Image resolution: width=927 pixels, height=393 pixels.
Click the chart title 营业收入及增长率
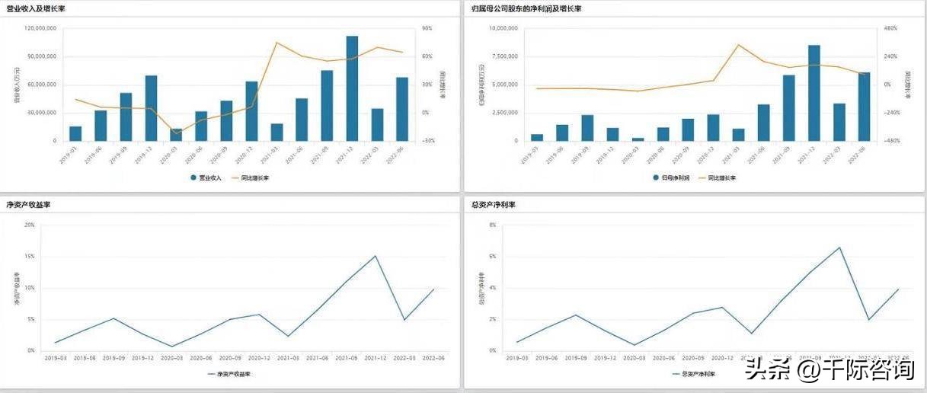pyautogui.click(x=36, y=8)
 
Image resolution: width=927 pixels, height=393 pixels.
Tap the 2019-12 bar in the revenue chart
pyautogui.click(x=151, y=108)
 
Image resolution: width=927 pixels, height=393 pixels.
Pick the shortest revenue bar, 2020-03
pyautogui.click(x=176, y=135)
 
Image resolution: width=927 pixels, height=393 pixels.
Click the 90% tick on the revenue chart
pyautogui.click(x=427, y=28)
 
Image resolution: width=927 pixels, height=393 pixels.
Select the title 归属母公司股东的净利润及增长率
pyautogui.click(x=526, y=8)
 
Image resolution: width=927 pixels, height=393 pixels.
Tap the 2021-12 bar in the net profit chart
pyautogui.click(x=814, y=93)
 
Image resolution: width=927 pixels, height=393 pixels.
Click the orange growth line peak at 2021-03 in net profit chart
pyautogui.click(x=738, y=44)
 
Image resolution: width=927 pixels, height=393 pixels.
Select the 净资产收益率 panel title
pyautogui.click(x=28, y=205)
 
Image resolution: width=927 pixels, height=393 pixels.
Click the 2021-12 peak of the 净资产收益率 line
pyautogui.click(x=376, y=256)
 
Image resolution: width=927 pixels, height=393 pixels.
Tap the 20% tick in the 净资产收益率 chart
pyautogui.click(x=30, y=225)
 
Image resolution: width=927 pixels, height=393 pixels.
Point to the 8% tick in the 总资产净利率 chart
pyautogui.click(x=492, y=225)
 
